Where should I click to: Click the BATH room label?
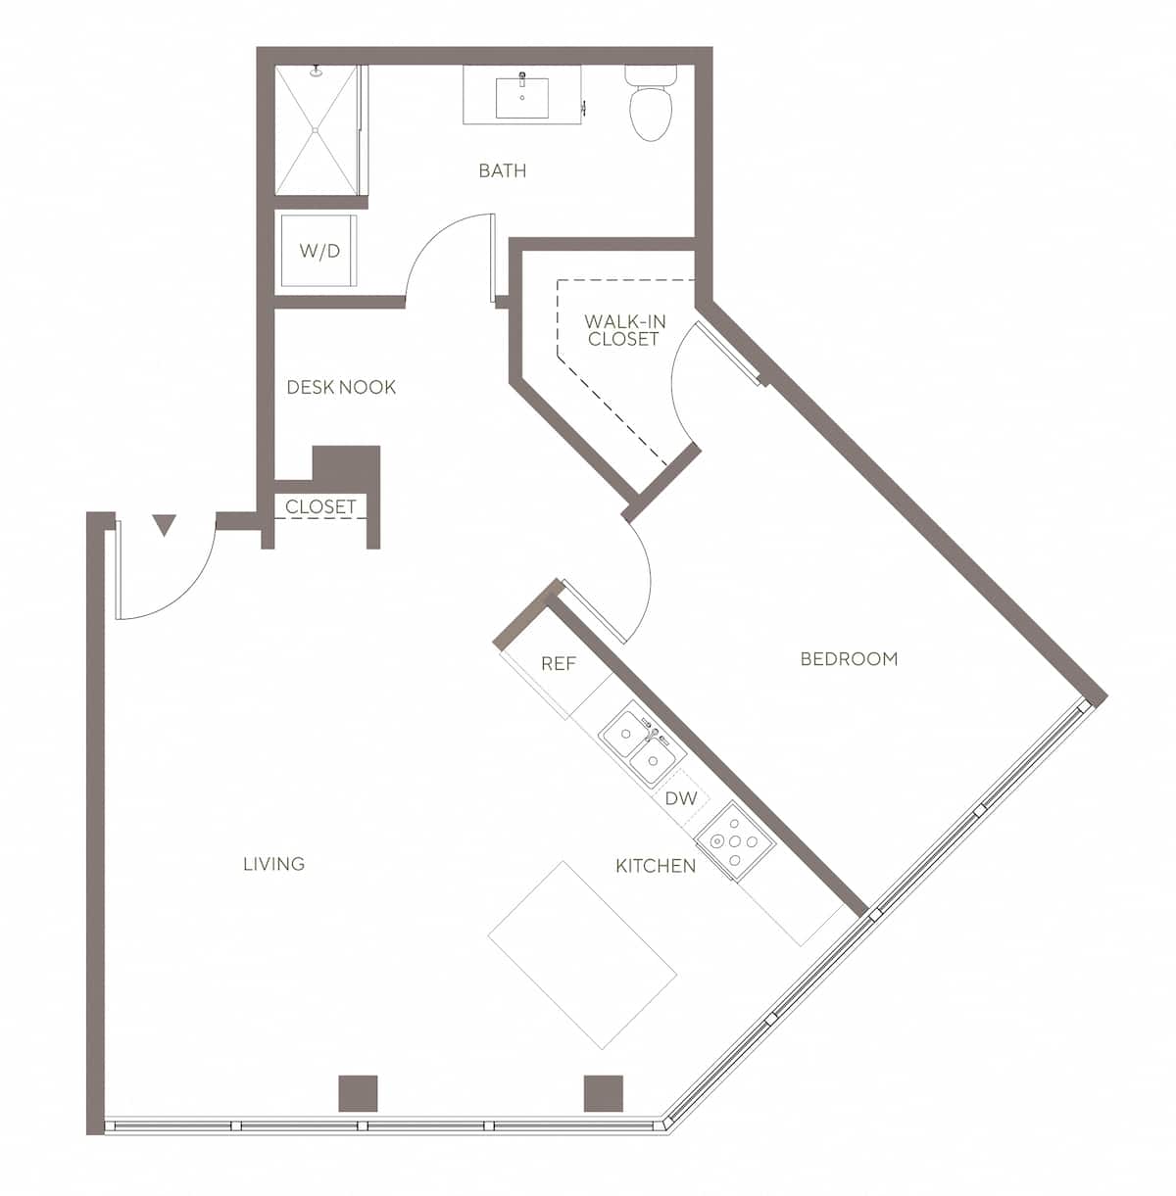[502, 171]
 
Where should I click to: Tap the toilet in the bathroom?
[650, 105]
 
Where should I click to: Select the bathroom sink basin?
[521, 97]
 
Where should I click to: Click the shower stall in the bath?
[316, 129]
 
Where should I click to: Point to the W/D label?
[319, 252]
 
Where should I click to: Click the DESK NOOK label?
[341, 388]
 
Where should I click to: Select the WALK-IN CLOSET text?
[623, 330]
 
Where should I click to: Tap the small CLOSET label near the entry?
[320, 507]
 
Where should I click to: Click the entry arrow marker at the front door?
[165, 526]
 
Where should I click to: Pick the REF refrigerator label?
[559, 664]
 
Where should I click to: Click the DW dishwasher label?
[681, 798]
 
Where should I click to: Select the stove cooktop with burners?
[735, 840]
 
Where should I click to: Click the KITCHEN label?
[656, 866]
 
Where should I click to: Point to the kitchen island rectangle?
[582, 955]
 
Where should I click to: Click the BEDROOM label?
[849, 659]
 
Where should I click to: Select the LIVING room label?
[274, 864]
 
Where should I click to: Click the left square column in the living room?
[358, 1093]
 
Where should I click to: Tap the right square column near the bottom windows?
[603, 1093]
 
